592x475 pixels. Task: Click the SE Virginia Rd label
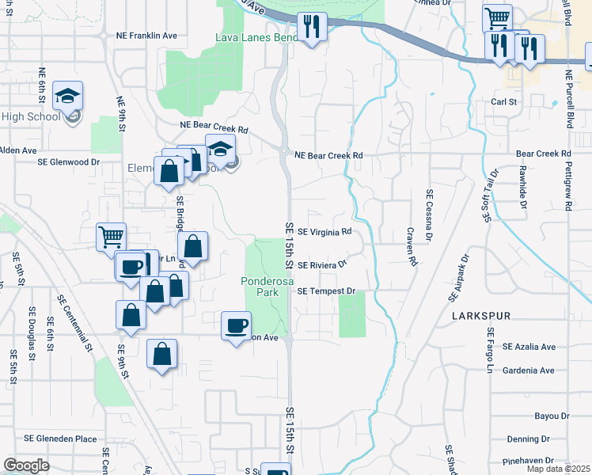tap(324, 233)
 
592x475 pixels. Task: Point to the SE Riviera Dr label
tap(322, 264)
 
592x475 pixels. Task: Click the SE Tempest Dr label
tap(326, 291)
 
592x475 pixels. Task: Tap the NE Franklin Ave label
tap(146, 36)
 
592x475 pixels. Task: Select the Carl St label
tap(503, 102)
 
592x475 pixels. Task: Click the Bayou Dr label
tap(552, 416)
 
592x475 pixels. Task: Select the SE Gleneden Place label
tap(60, 439)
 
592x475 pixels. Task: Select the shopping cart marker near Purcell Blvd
tap(496, 18)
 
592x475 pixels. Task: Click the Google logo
tap(26, 465)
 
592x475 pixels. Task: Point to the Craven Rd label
tap(412, 246)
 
